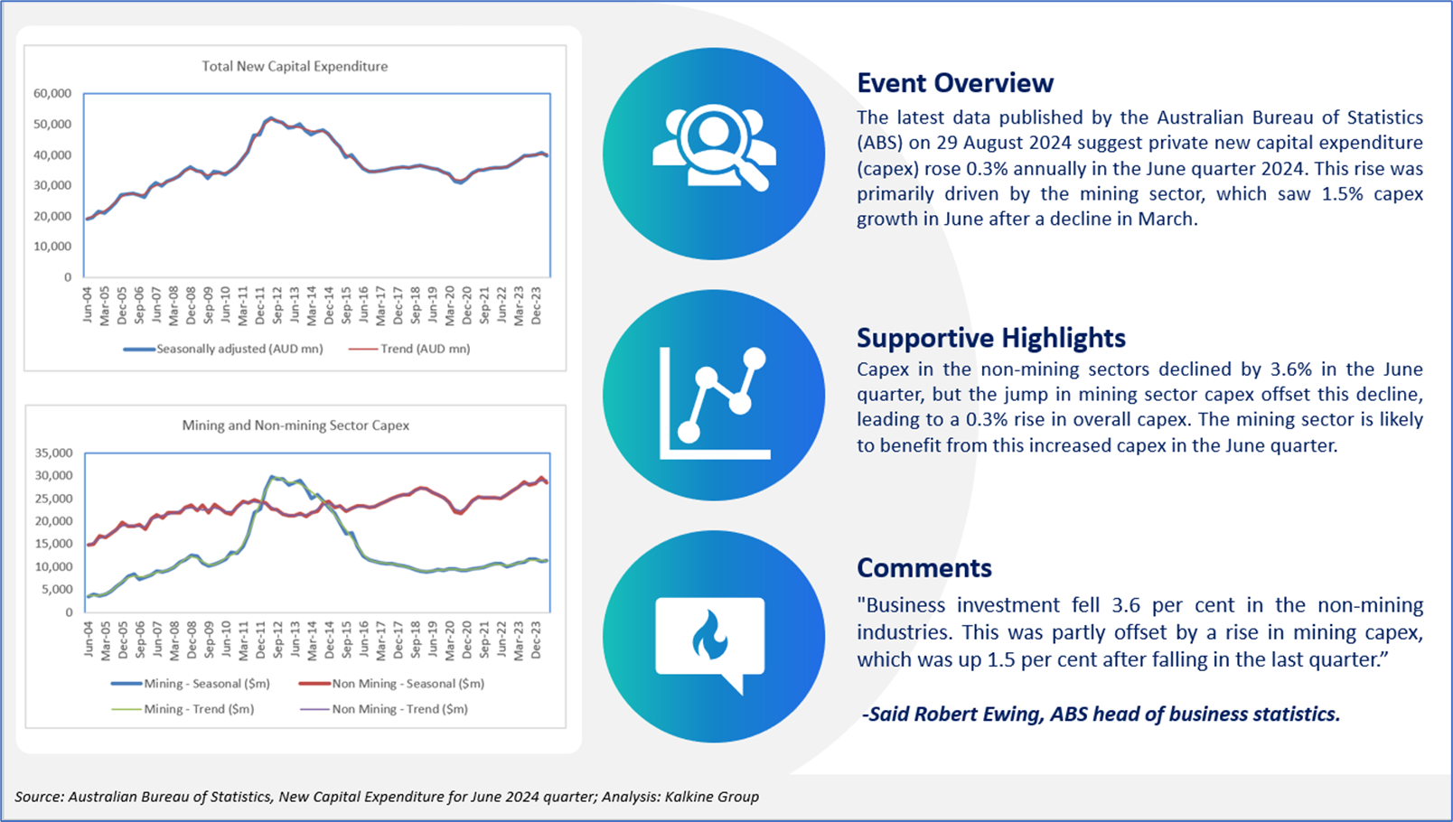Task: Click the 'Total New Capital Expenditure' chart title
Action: [x=295, y=66]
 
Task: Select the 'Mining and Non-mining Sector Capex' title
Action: [x=295, y=425]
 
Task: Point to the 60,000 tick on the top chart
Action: [x=52, y=93]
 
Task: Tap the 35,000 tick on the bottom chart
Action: [x=54, y=453]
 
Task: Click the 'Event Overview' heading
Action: [x=955, y=83]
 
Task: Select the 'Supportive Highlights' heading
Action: [x=991, y=339]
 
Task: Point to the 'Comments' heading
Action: [x=924, y=568]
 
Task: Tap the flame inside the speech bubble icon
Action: [x=709, y=635]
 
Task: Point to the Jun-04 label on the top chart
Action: [x=88, y=304]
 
